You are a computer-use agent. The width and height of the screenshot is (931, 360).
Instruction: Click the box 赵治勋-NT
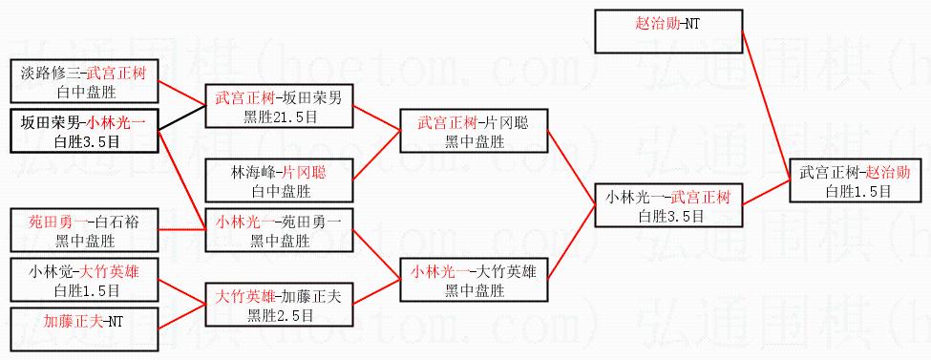668,32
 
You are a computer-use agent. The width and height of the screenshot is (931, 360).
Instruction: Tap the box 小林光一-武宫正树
668,205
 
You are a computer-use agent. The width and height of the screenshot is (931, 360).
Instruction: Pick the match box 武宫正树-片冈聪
473,131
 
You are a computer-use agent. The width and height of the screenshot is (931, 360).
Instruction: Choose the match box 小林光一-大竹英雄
473,280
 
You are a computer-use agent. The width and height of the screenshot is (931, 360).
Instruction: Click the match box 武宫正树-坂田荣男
279,106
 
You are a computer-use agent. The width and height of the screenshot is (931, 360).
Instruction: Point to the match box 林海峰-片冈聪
279,180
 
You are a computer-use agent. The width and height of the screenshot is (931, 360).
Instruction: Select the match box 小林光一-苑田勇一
279,230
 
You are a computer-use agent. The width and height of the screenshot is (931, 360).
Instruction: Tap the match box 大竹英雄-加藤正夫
279,305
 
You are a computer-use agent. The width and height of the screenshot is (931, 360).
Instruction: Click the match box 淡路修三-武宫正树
85,81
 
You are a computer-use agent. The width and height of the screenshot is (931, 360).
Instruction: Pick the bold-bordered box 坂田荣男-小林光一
85,131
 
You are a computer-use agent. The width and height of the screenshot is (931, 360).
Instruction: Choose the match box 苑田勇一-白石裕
85,230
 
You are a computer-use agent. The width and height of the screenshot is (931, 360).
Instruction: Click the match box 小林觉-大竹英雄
85,280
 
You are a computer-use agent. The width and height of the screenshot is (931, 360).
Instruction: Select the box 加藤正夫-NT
85,328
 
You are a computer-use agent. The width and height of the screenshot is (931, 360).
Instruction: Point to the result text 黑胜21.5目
279,116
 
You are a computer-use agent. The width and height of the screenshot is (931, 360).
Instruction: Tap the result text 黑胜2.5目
279,315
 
